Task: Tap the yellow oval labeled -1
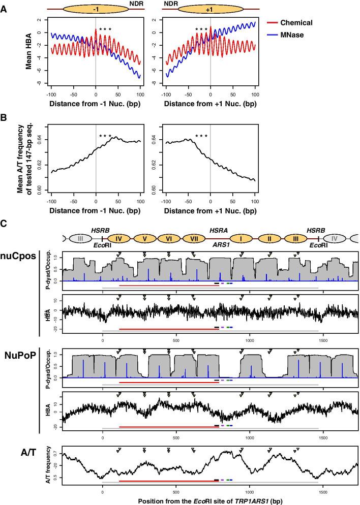pyautogui.click(x=96, y=9)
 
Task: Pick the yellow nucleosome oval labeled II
pyautogui.click(x=270, y=238)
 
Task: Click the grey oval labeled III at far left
pyautogui.click(x=79, y=238)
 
